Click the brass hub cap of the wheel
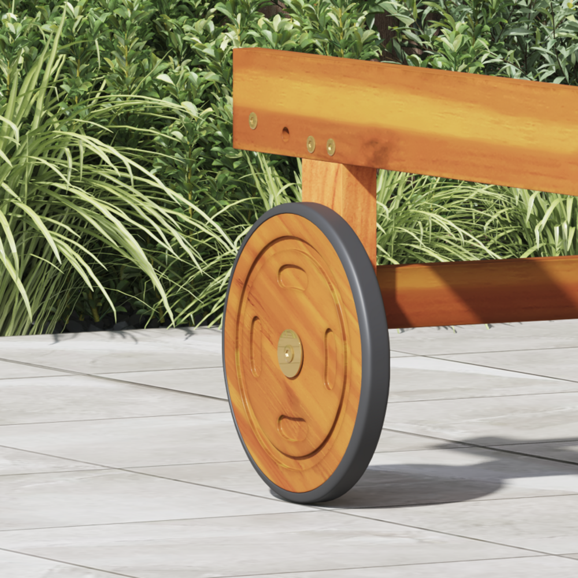[x=290, y=353]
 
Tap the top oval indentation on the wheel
[x=293, y=277]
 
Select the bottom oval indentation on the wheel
[x=292, y=428]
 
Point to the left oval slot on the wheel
[x=255, y=347]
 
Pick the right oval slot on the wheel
[x=331, y=359]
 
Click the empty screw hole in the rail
[x=286, y=134]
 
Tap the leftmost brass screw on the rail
[x=253, y=121]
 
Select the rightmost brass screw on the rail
[x=331, y=147]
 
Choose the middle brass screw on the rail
[x=311, y=144]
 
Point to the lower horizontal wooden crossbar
[x=480, y=292]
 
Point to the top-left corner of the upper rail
[x=236, y=52]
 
